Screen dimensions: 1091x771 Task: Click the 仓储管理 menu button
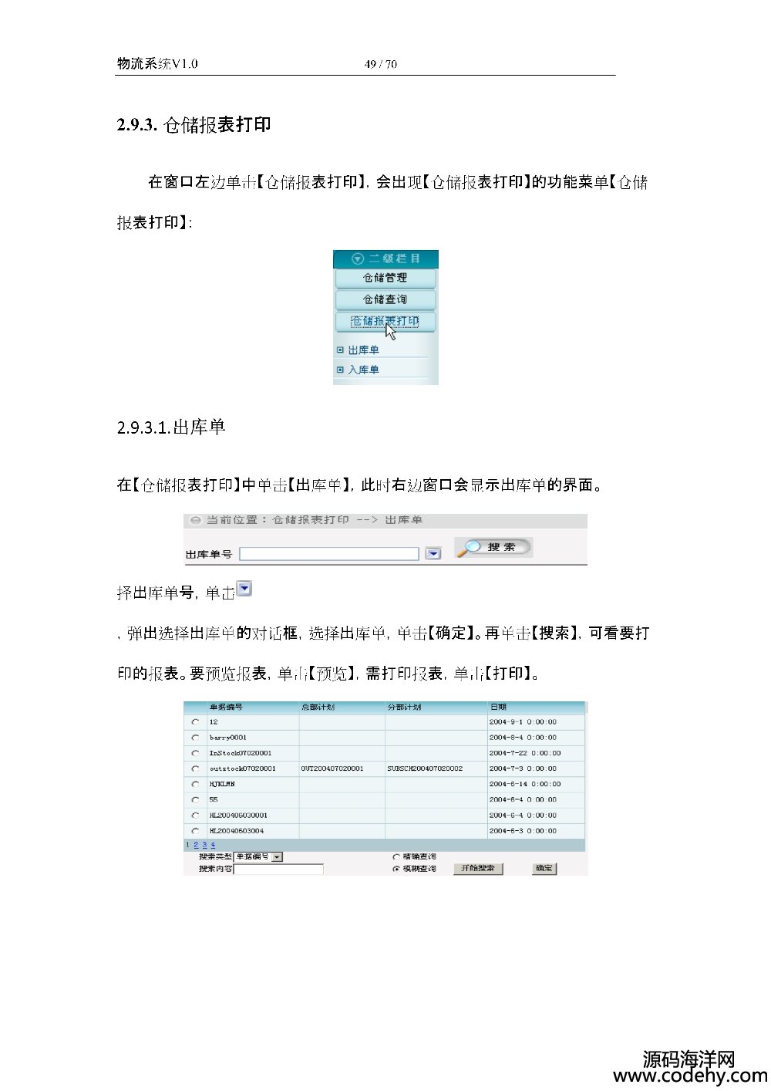(x=385, y=278)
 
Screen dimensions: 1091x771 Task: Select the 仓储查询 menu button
(x=385, y=299)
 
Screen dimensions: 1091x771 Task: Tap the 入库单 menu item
(x=363, y=370)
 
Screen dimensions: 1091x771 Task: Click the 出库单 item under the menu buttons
(x=363, y=350)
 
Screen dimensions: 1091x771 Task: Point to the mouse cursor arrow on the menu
(x=391, y=332)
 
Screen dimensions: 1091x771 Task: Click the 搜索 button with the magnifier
(x=493, y=547)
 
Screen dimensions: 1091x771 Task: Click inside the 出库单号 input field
(x=329, y=554)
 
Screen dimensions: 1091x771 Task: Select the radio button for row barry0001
(x=196, y=738)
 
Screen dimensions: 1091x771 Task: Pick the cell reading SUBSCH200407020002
(x=425, y=768)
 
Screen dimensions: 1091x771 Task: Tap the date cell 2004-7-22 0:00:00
(x=524, y=753)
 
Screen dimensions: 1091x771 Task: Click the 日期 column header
(x=498, y=707)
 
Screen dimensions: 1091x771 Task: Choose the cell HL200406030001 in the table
(x=238, y=815)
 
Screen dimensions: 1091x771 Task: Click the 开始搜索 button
(x=478, y=869)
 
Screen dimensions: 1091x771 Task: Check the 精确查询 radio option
(x=396, y=856)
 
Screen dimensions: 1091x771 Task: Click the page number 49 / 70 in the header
(x=381, y=64)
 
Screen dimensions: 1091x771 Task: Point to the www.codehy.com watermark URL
(x=689, y=1076)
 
